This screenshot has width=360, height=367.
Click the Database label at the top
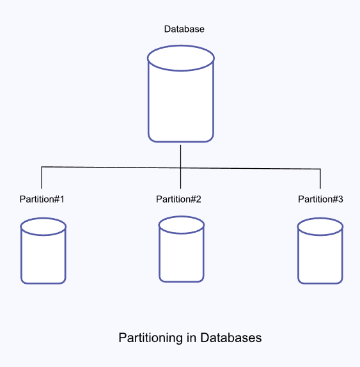pyautogui.click(x=184, y=29)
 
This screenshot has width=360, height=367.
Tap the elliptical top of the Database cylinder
pyautogui.click(x=180, y=58)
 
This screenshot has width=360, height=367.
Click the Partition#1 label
pyautogui.click(x=42, y=199)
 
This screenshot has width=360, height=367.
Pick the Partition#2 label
pyautogui.click(x=178, y=199)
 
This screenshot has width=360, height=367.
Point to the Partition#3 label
pyautogui.click(x=320, y=199)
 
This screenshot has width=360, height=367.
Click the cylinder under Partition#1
pyautogui.click(x=43, y=256)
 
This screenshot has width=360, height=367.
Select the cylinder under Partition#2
pyautogui.click(x=182, y=254)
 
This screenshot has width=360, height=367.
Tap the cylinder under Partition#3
pyautogui.click(x=320, y=256)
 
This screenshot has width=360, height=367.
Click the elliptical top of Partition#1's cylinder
pyautogui.click(x=43, y=226)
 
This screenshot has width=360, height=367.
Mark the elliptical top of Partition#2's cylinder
pyautogui.click(x=182, y=224)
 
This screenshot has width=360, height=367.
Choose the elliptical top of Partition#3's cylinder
pyautogui.click(x=320, y=226)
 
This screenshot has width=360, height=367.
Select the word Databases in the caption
pyautogui.click(x=231, y=338)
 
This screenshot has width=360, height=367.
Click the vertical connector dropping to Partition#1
pyautogui.click(x=42, y=178)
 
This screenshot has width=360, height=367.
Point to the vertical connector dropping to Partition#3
pyautogui.click(x=320, y=179)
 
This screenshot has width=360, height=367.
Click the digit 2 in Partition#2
pyautogui.click(x=198, y=199)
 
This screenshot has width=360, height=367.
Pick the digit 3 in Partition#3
pyautogui.click(x=340, y=199)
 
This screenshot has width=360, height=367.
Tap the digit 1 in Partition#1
pyautogui.click(x=62, y=199)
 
